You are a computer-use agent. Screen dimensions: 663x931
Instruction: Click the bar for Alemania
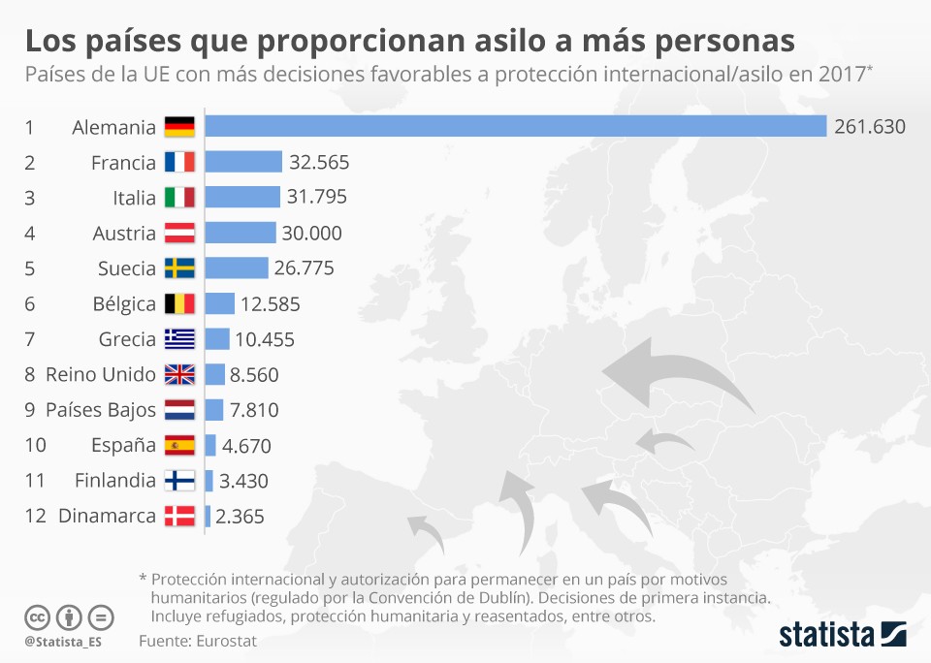pyautogui.click(x=515, y=127)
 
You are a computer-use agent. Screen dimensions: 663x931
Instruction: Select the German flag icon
pyautogui.click(x=179, y=127)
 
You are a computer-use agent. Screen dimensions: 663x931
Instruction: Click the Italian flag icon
pyautogui.click(x=179, y=198)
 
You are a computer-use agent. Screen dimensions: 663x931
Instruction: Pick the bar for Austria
pyautogui.click(x=241, y=233)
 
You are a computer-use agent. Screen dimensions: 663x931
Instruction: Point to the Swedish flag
pyautogui.click(x=179, y=268)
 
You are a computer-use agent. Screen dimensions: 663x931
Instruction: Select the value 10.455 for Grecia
pyautogui.click(x=265, y=339)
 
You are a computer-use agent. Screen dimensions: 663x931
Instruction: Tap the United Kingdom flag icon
pyautogui.click(x=179, y=374)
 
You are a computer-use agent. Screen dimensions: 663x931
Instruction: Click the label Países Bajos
pyautogui.click(x=101, y=410)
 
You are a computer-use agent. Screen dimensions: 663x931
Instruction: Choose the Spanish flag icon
pyautogui.click(x=179, y=445)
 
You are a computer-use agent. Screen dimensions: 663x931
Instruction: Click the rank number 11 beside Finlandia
pyautogui.click(x=35, y=480)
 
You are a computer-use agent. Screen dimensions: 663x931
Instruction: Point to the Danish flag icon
pyautogui.click(x=179, y=516)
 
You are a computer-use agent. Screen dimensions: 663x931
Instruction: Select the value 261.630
pyautogui.click(x=869, y=127)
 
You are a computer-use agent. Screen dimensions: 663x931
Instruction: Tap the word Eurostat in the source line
pyautogui.click(x=226, y=641)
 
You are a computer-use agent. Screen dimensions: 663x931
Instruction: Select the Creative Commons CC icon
pyautogui.click(x=37, y=617)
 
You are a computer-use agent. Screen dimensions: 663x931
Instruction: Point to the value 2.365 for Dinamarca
pyautogui.click(x=240, y=516)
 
